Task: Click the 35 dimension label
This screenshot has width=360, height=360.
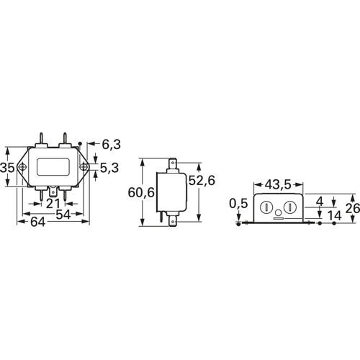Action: click(x=7, y=167)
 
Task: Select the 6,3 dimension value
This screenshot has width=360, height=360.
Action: click(x=111, y=144)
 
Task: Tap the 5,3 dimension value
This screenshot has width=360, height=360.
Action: click(x=109, y=168)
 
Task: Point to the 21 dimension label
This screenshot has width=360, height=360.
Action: click(x=53, y=204)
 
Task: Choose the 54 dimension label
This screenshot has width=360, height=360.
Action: click(x=63, y=215)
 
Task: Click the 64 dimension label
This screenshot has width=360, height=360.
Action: click(x=37, y=222)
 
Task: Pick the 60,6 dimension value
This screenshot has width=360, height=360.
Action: click(x=141, y=192)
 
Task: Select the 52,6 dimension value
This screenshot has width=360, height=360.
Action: click(x=202, y=180)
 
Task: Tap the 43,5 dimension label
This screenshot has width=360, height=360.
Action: click(x=278, y=184)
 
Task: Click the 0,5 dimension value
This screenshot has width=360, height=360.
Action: click(x=238, y=204)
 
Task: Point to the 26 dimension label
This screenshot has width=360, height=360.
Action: click(x=353, y=208)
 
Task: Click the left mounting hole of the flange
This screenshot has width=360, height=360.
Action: click(x=23, y=167)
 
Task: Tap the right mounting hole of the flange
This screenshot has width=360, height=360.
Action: click(x=84, y=167)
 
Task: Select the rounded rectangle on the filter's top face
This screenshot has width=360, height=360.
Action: click(x=53, y=166)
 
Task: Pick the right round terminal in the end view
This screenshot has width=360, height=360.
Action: click(x=290, y=207)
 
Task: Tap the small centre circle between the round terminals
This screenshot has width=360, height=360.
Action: click(x=279, y=212)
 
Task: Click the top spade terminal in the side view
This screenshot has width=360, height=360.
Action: click(x=173, y=163)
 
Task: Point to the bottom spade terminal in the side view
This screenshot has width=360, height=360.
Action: click(x=173, y=220)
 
